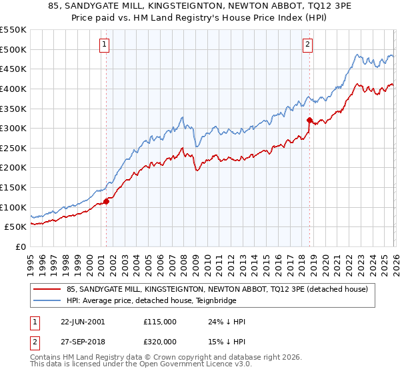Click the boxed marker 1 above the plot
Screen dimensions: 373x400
[x=105, y=45]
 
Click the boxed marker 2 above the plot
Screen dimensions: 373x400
[x=307, y=45]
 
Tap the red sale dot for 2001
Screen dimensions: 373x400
[x=106, y=201]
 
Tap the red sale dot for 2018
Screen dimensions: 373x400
[x=309, y=120]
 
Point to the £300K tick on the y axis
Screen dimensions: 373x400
[x=13, y=128]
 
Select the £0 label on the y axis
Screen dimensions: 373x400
[x=21, y=246]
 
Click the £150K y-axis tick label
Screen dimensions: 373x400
[x=13, y=187]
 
